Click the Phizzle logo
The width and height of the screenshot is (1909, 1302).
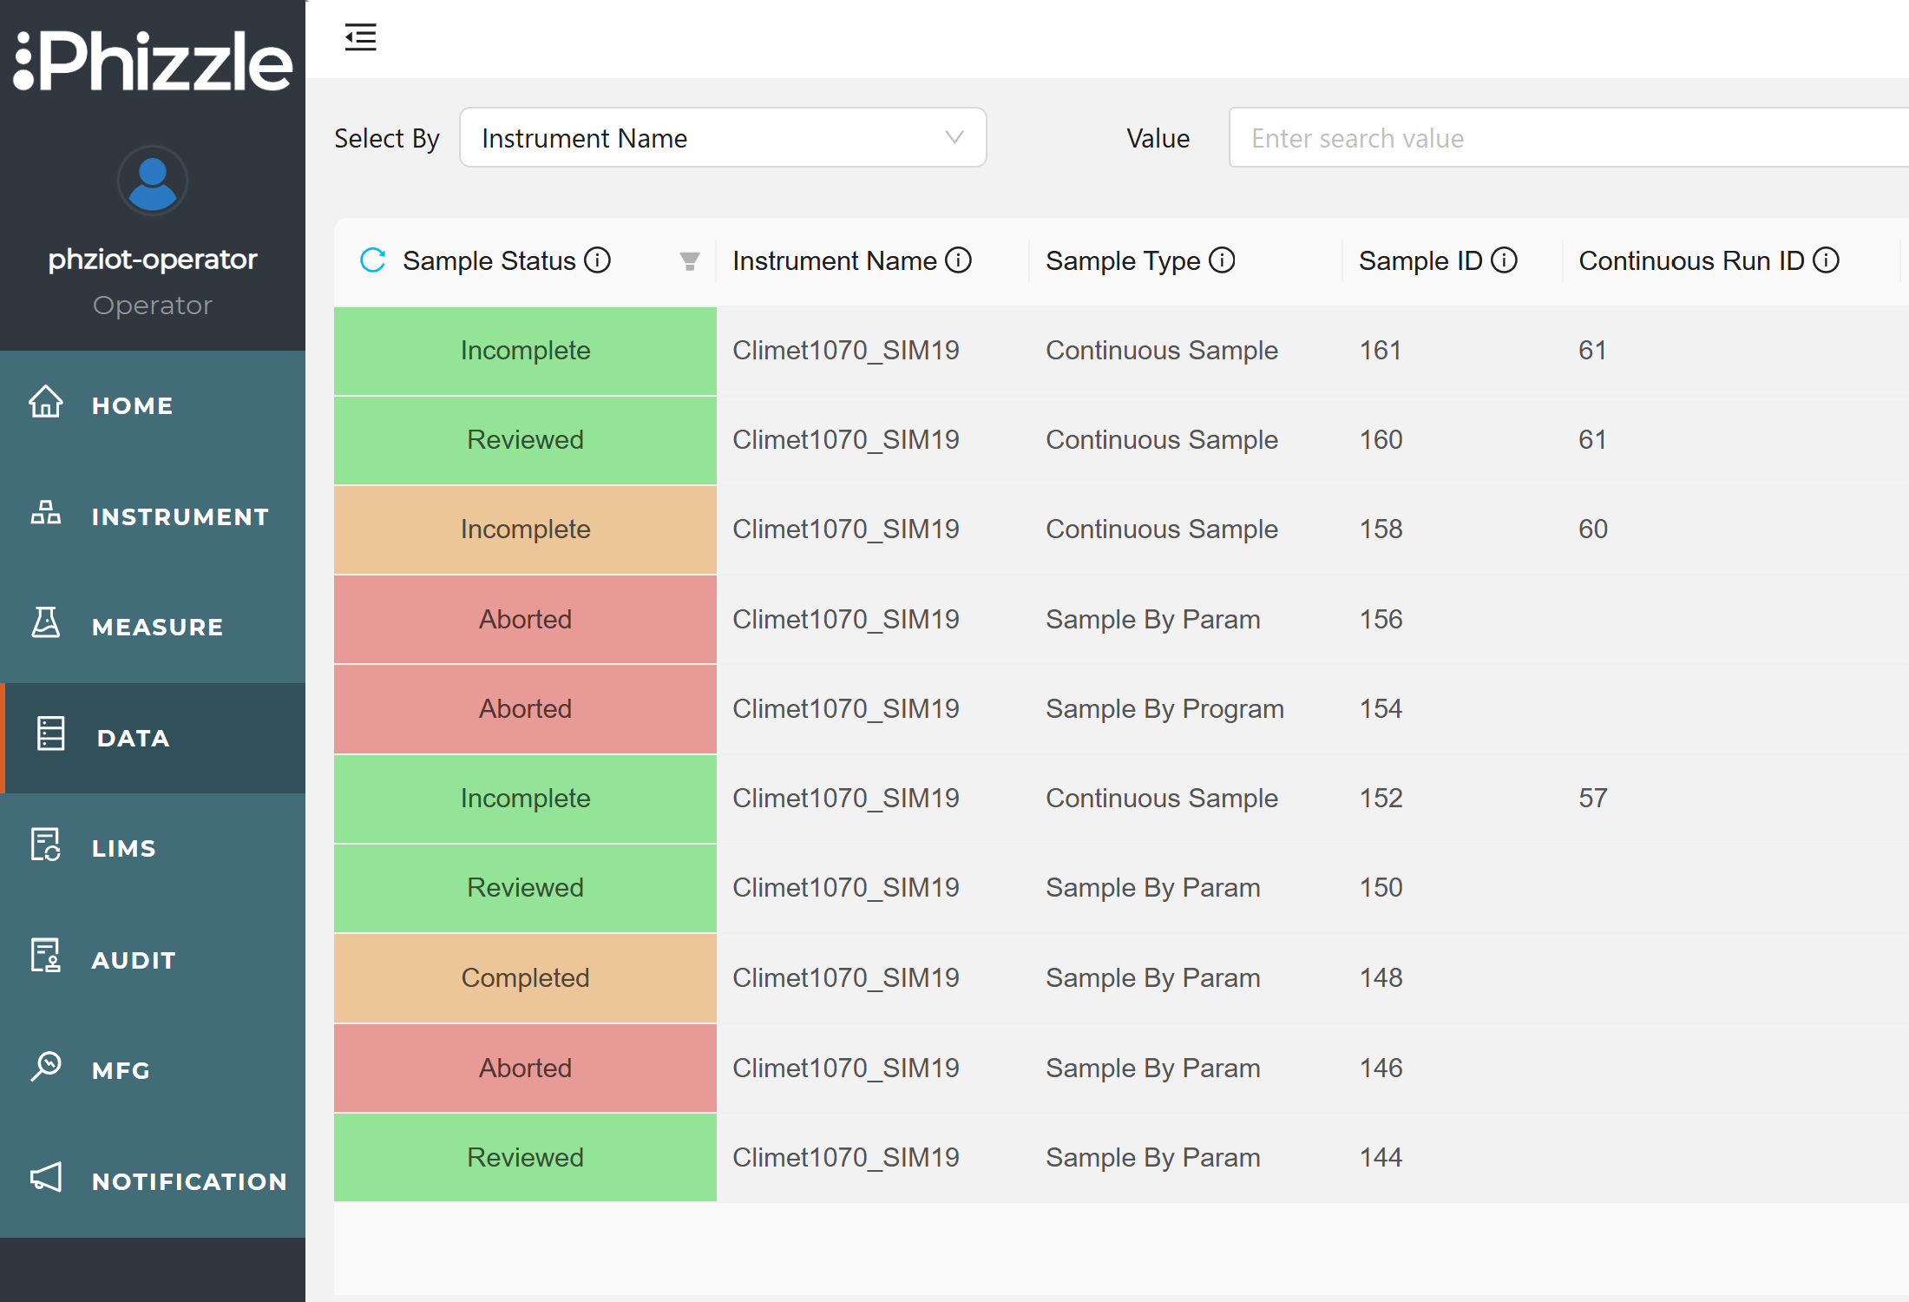coord(153,61)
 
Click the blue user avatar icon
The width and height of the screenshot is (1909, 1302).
coord(153,181)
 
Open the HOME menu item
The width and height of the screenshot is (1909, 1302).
coord(132,405)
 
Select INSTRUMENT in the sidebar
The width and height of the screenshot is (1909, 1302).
coord(180,516)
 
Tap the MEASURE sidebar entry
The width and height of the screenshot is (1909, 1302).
coord(157,627)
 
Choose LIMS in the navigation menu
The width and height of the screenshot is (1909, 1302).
coord(123,848)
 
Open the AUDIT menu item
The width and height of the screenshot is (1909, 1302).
coord(134,959)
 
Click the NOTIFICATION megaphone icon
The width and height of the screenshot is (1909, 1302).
coord(46,1178)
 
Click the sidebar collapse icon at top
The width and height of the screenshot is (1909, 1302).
coord(360,37)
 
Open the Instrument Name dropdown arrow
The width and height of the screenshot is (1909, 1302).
coord(954,137)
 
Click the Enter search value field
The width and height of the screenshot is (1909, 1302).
coord(1562,138)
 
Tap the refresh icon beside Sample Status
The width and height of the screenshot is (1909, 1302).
coord(373,260)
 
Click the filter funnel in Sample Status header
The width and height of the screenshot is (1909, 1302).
coord(690,261)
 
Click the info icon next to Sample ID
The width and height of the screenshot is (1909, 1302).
coord(1504,260)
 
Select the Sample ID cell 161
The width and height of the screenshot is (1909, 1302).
coord(1381,350)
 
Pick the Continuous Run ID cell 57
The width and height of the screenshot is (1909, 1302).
coord(1593,798)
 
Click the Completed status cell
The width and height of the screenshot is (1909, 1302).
coord(525,977)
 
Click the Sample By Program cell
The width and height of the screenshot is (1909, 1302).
coord(1164,708)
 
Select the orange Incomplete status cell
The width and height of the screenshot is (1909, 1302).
coord(525,529)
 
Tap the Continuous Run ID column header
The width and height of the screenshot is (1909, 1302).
coord(1690,260)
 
